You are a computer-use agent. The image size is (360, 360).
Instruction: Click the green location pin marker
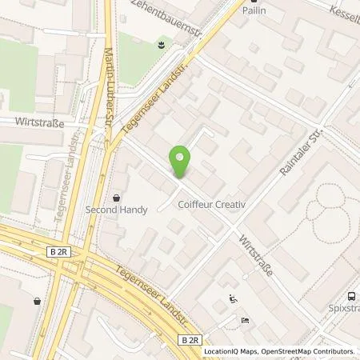click(x=181, y=162)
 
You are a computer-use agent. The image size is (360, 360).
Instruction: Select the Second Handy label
click(x=117, y=212)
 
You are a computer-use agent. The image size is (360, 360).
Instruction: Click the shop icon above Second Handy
click(x=117, y=197)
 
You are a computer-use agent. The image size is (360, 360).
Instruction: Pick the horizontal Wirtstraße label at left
click(x=38, y=122)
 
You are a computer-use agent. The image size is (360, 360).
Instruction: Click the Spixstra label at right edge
click(x=342, y=306)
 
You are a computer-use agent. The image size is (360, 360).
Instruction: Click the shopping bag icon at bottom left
click(x=37, y=302)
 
